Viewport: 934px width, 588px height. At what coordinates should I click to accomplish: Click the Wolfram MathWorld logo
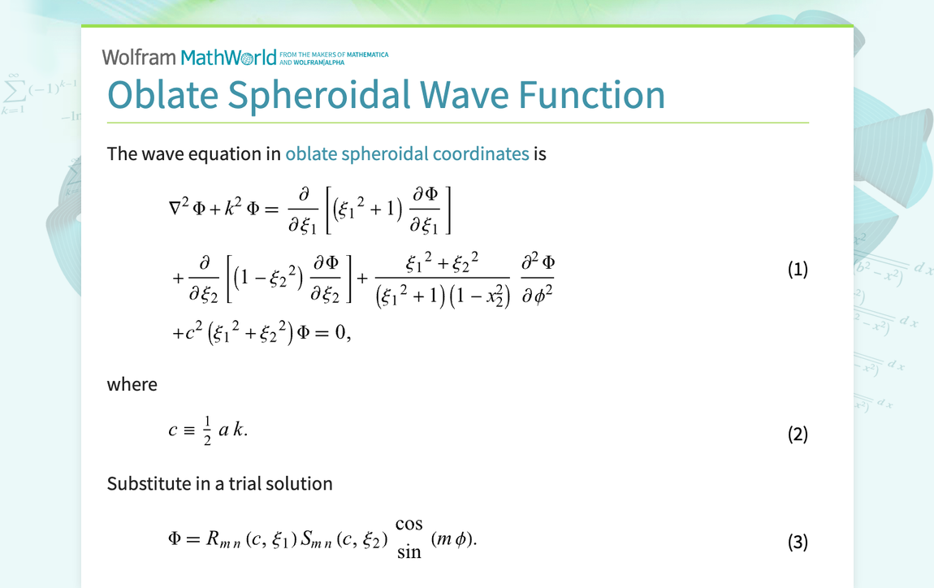click(x=189, y=57)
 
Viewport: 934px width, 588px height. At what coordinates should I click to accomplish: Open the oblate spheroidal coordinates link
click(x=407, y=153)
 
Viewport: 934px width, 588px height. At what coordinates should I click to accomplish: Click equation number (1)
click(x=798, y=269)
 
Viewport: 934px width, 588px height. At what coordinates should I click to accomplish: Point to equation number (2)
click(x=798, y=434)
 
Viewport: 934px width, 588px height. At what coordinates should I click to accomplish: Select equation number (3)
click(x=798, y=542)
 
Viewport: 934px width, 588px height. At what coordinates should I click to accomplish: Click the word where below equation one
click(x=132, y=384)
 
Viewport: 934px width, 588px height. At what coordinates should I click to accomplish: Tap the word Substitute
click(x=147, y=483)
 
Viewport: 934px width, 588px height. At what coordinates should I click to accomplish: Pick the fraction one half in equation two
click(x=206, y=430)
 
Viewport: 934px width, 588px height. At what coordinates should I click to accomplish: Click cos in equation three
click(x=409, y=525)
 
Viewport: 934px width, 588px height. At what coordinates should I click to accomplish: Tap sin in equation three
click(x=409, y=553)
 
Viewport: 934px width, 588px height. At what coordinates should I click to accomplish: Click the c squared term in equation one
click(x=192, y=332)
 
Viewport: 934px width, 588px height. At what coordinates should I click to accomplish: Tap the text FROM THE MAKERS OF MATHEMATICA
click(x=334, y=55)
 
